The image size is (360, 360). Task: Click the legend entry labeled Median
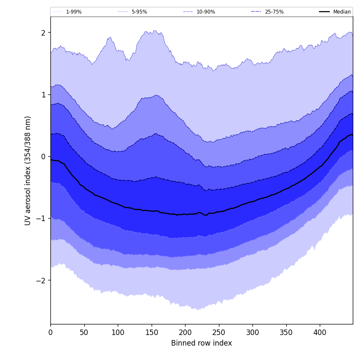pos(342,12)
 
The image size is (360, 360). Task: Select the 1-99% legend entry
pos(74,12)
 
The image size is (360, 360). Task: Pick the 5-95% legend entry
pos(139,12)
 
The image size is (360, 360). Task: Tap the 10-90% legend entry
pos(206,12)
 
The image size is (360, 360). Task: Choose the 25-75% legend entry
pos(274,12)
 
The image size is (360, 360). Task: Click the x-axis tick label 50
pos(84,333)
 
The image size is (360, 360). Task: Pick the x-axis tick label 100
pos(118,333)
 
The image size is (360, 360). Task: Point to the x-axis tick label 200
pos(185,333)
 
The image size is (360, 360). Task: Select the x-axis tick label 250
pos(219,333)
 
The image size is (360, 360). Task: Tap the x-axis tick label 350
pos(286,333)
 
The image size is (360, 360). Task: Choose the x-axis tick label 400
pos(320,333)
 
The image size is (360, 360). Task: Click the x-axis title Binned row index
pos(202,343)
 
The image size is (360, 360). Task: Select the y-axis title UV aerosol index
pos(28,170)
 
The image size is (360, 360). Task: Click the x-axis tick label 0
pos(50,333)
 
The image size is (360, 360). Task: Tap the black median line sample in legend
pos(324,12)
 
